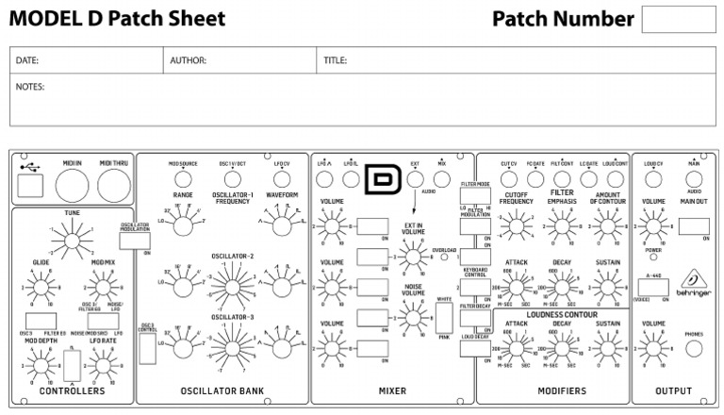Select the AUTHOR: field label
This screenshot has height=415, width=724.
[188, 60]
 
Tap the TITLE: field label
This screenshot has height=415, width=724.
[335, 60]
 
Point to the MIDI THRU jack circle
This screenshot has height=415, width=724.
[114, 185]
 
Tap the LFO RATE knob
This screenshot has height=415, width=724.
[102, 364]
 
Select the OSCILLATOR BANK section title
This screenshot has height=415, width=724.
[222, 390]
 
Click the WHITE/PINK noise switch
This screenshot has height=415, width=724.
[444, 319]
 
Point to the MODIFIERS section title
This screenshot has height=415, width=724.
[561, 390]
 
